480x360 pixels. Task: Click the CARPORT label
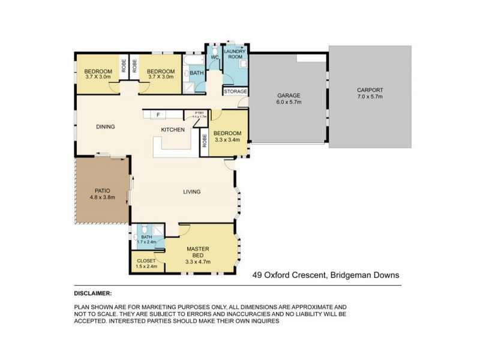(x=370, y=89)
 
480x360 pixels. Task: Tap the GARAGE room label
(x=288, y=95)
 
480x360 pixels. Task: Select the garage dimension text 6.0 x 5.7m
(x=288, y=102)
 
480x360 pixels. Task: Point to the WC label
(x=214, y=58)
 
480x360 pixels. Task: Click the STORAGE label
(x=235, y=92)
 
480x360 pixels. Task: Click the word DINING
(x=106, y=127)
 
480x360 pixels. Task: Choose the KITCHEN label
(x=172, y=130)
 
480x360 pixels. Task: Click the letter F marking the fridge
(x=158, y=114)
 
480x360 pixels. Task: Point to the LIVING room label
(x=192, y=192)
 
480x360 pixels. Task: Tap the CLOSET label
(x=146, y=261)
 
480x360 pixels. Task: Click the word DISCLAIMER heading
(x=93, y=293)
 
